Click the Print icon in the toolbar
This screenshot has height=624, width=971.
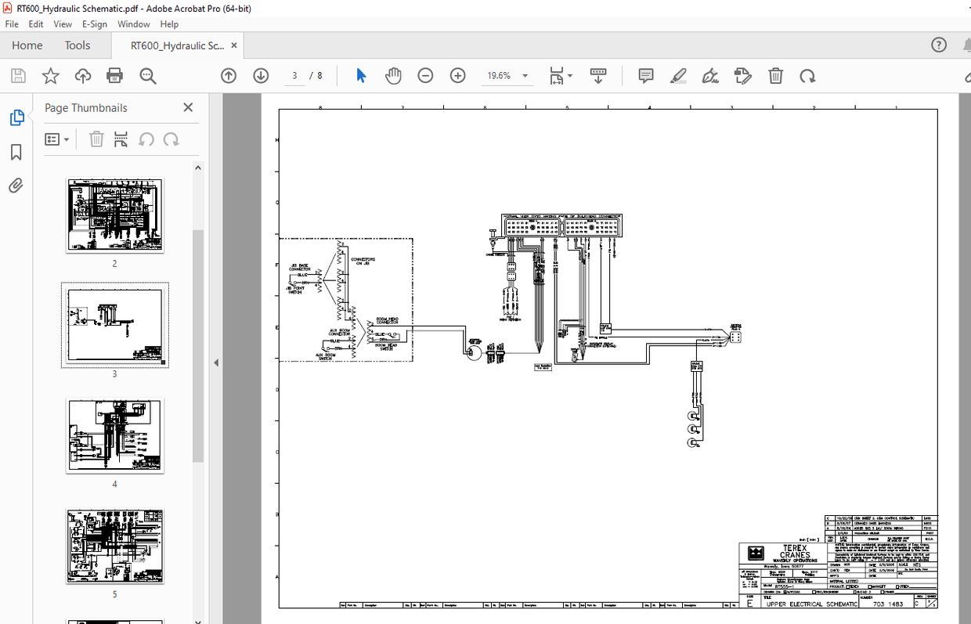pyautogui.click(x=115, y=76)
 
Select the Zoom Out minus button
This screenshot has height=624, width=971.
pyautogui.click(x=425, y=76)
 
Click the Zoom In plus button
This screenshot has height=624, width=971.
pyautogui.click(x=458, y=76)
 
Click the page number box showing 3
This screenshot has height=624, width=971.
pyautogui.click(x=294, y=76)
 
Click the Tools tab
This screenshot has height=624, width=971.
pyautogui.click(x=78, y=45)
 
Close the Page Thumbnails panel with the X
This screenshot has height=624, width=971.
pyautogui.click(x=188, y=107)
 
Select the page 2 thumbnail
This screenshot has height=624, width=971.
pyautogui.click(x=114, y=215)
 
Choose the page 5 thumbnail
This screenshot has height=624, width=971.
pyautogui.click(x=114, y=546)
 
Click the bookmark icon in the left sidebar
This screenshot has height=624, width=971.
pyautogui.click(x=16, y=152)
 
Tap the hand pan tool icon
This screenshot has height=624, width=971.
pyautogui.click(x=393, y=76)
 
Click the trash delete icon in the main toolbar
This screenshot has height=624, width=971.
pyautogui.click(x=775, y=76)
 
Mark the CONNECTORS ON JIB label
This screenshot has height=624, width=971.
pyautogui.click(x=363, y=261)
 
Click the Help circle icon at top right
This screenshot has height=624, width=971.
pyautogui.click(x=939, y=45)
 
